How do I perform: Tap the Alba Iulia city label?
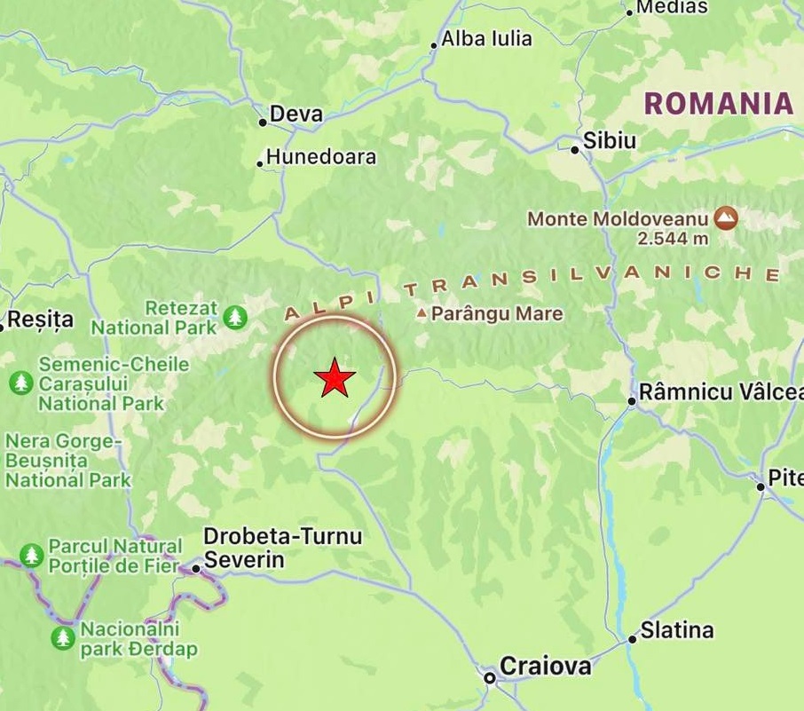pyautogui.click(x=486, y=38)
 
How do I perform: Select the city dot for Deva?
pyautogui.click(x=263, y=122)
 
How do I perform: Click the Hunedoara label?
pyautogui.click(x=321, y=157)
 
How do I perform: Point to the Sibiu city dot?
pyautogui.click(x=575, y=149)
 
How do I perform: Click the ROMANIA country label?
pyautogui.click(x=718, y=103)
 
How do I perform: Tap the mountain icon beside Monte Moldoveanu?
pyautogui.click(x=727, y=217)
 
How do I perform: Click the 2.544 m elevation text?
pyautogui.click(x=673, y=238)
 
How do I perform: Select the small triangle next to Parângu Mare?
pyautogui.click(x=422, y=313)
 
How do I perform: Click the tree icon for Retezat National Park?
pyautogui.click(x=234, y=316)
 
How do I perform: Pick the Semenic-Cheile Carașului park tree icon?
pyautogui.click(x=20, y=383)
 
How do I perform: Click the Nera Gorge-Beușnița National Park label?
pyautogui.click(x=67, y=461)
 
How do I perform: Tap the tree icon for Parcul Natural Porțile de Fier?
pyautogui.click(x=32, y=556)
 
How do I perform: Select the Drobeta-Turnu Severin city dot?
pyautogui.click(x=196, y=568)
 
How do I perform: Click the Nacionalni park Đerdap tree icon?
pyautogui.click(x=62, y=637)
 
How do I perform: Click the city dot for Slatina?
pyautogui.click(x=633, y=638)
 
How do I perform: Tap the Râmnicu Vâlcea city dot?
pyautogui.click(x=632, y=401)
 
